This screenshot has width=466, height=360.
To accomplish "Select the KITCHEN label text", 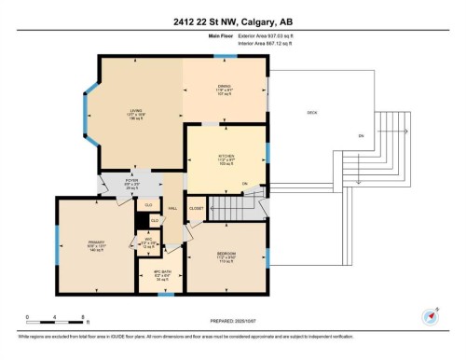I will [226, 156].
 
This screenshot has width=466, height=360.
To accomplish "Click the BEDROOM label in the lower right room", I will [226, 254].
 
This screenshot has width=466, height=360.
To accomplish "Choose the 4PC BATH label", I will [159, 273].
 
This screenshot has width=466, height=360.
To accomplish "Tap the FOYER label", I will [132, 182].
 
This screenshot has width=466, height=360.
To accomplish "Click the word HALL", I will [172, 209].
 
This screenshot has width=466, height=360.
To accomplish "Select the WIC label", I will [147, 238].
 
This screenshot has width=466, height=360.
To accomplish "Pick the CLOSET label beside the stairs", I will [196, 208].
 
